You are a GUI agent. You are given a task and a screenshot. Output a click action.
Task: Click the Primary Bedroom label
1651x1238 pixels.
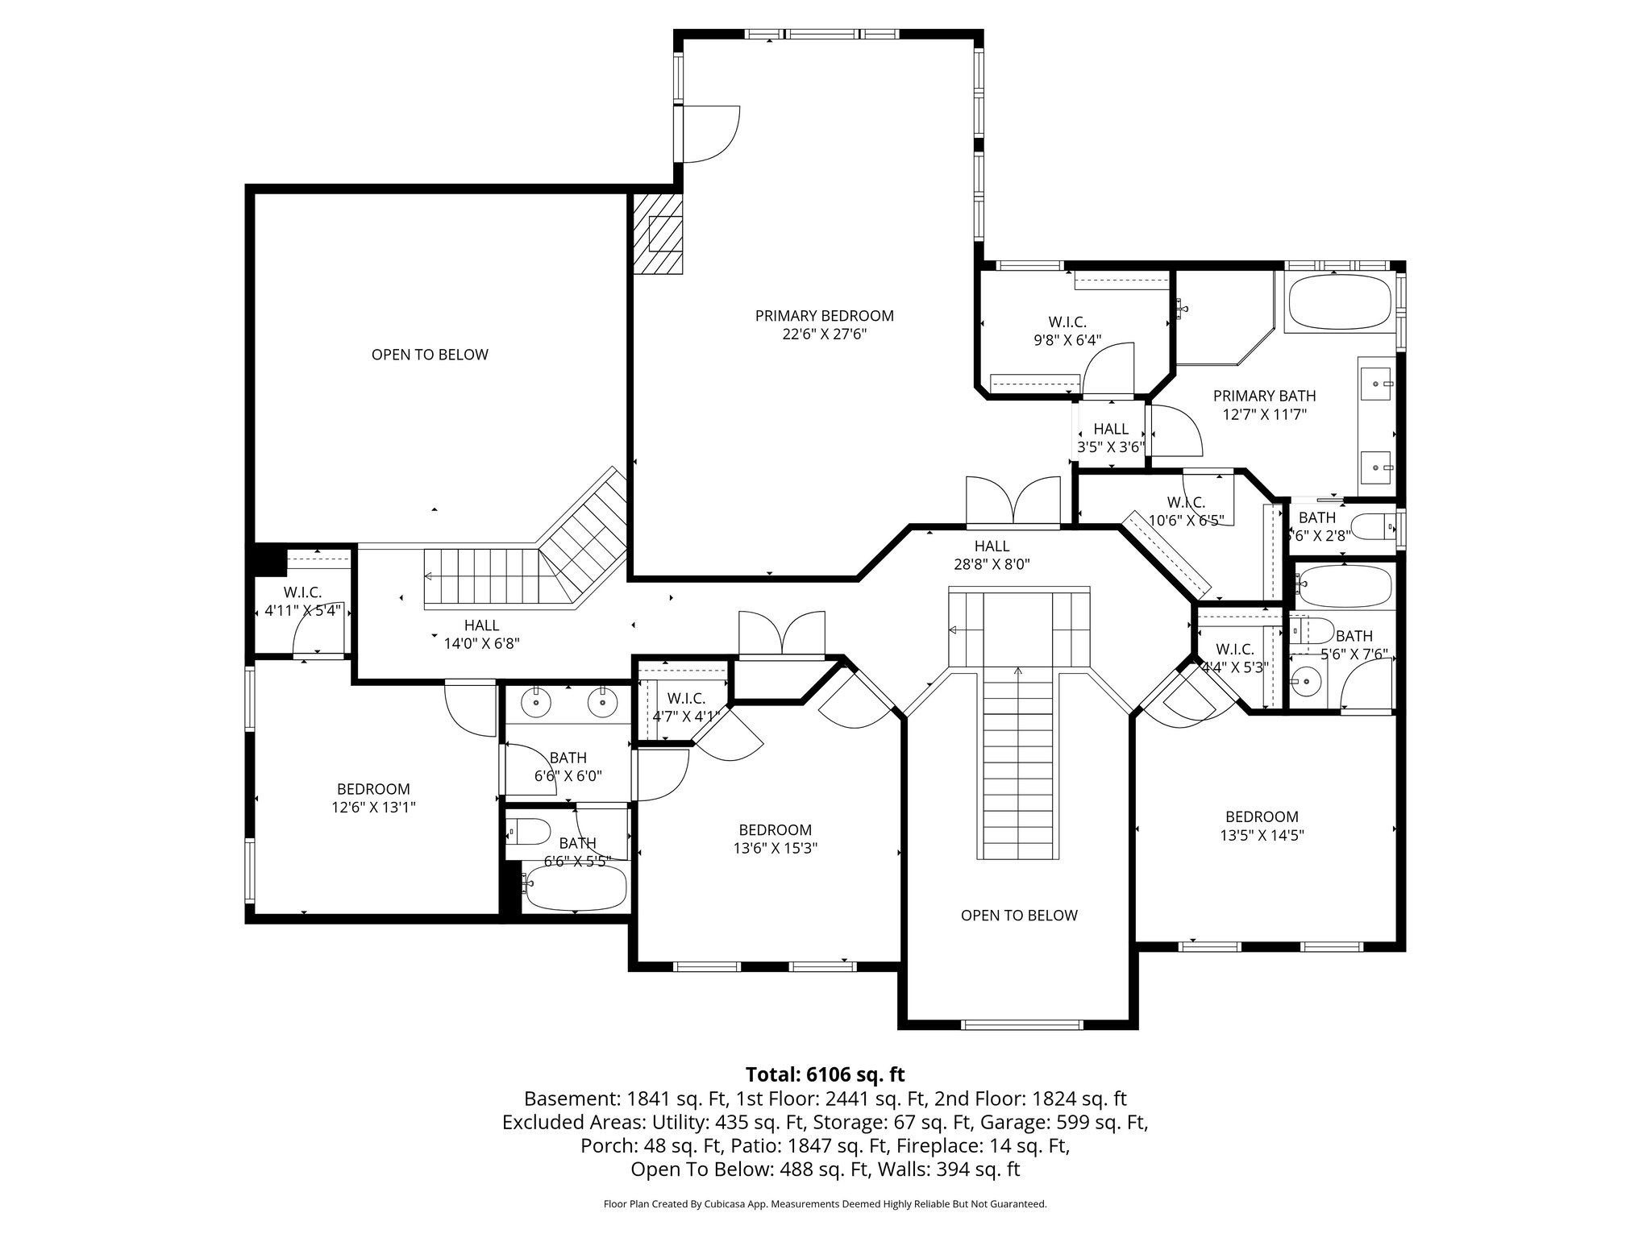coord(824,316)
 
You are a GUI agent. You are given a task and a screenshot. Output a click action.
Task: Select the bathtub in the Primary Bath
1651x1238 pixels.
coord(1339,303)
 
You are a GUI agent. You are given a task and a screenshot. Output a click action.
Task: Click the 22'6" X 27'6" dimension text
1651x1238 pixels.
coord(824,334)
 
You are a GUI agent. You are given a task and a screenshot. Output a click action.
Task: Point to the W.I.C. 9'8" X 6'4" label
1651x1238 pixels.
coord(1067,331)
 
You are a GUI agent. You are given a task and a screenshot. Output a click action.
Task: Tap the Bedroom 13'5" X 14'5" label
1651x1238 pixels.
coord(1262,826)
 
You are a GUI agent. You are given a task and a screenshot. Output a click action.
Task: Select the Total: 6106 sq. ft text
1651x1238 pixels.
coord(825,1074)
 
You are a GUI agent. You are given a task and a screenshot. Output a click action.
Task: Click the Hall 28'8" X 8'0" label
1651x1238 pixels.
coord(992,555)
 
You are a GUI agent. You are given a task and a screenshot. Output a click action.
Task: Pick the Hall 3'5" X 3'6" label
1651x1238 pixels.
coord(1111,438)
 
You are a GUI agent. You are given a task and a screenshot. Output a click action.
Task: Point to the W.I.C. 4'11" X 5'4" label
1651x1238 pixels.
coord(302,602)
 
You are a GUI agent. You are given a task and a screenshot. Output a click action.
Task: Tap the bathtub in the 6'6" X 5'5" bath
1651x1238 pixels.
coord(574,887)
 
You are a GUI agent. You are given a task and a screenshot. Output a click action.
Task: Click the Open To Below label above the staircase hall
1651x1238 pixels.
coord(430,355)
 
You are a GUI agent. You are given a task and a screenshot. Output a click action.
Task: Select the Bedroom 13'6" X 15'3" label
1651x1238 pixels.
coord(775,839)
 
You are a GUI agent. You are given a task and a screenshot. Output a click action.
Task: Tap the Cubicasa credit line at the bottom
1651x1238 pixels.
coord(825,1204)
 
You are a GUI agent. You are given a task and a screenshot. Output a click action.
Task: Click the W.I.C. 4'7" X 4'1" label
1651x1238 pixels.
coord(686,707)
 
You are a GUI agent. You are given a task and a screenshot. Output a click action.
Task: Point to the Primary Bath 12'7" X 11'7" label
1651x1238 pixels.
coord(1264,405)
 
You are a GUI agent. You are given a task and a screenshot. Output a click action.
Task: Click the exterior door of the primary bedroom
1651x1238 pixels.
coord(709,135)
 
